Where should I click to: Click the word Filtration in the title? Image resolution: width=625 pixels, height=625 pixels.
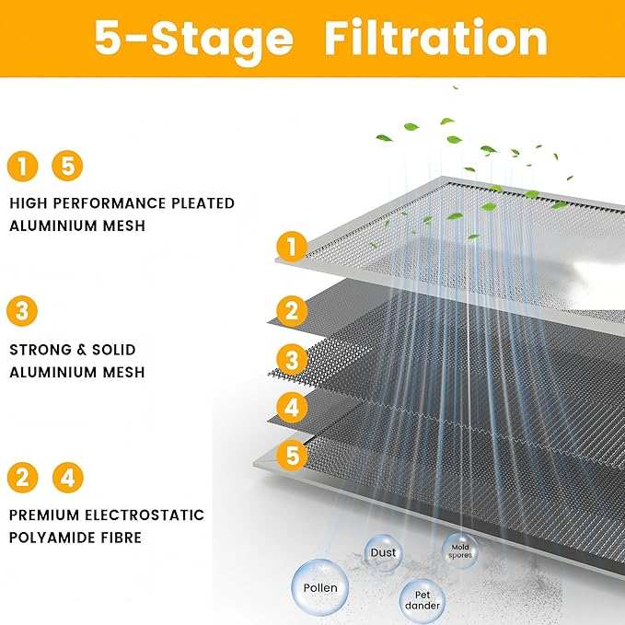pos(436,39)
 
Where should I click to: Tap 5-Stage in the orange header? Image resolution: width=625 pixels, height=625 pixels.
pos(194,39)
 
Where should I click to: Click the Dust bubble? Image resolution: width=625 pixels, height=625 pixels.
pos(383,553)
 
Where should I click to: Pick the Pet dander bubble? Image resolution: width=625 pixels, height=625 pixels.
pos(422,599)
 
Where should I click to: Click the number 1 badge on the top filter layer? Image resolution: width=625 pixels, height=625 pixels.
pos(292,247)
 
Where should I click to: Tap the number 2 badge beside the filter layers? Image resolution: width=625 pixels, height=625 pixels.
pos(292,311)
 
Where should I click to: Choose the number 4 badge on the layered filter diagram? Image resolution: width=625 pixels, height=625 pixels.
pos(292,406)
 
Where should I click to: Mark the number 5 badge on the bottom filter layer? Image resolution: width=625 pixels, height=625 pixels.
pos(292,454)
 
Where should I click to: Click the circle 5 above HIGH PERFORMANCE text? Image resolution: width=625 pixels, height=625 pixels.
pos(67,167)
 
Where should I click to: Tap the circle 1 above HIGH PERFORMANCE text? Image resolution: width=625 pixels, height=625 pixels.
pos(22,167)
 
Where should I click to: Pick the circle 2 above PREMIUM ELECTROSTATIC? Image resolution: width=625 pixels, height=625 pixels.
pos(22,478)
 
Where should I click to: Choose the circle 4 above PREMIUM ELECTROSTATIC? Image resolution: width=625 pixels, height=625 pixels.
pos(67,478)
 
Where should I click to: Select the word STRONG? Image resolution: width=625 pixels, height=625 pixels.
pos(38,351)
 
